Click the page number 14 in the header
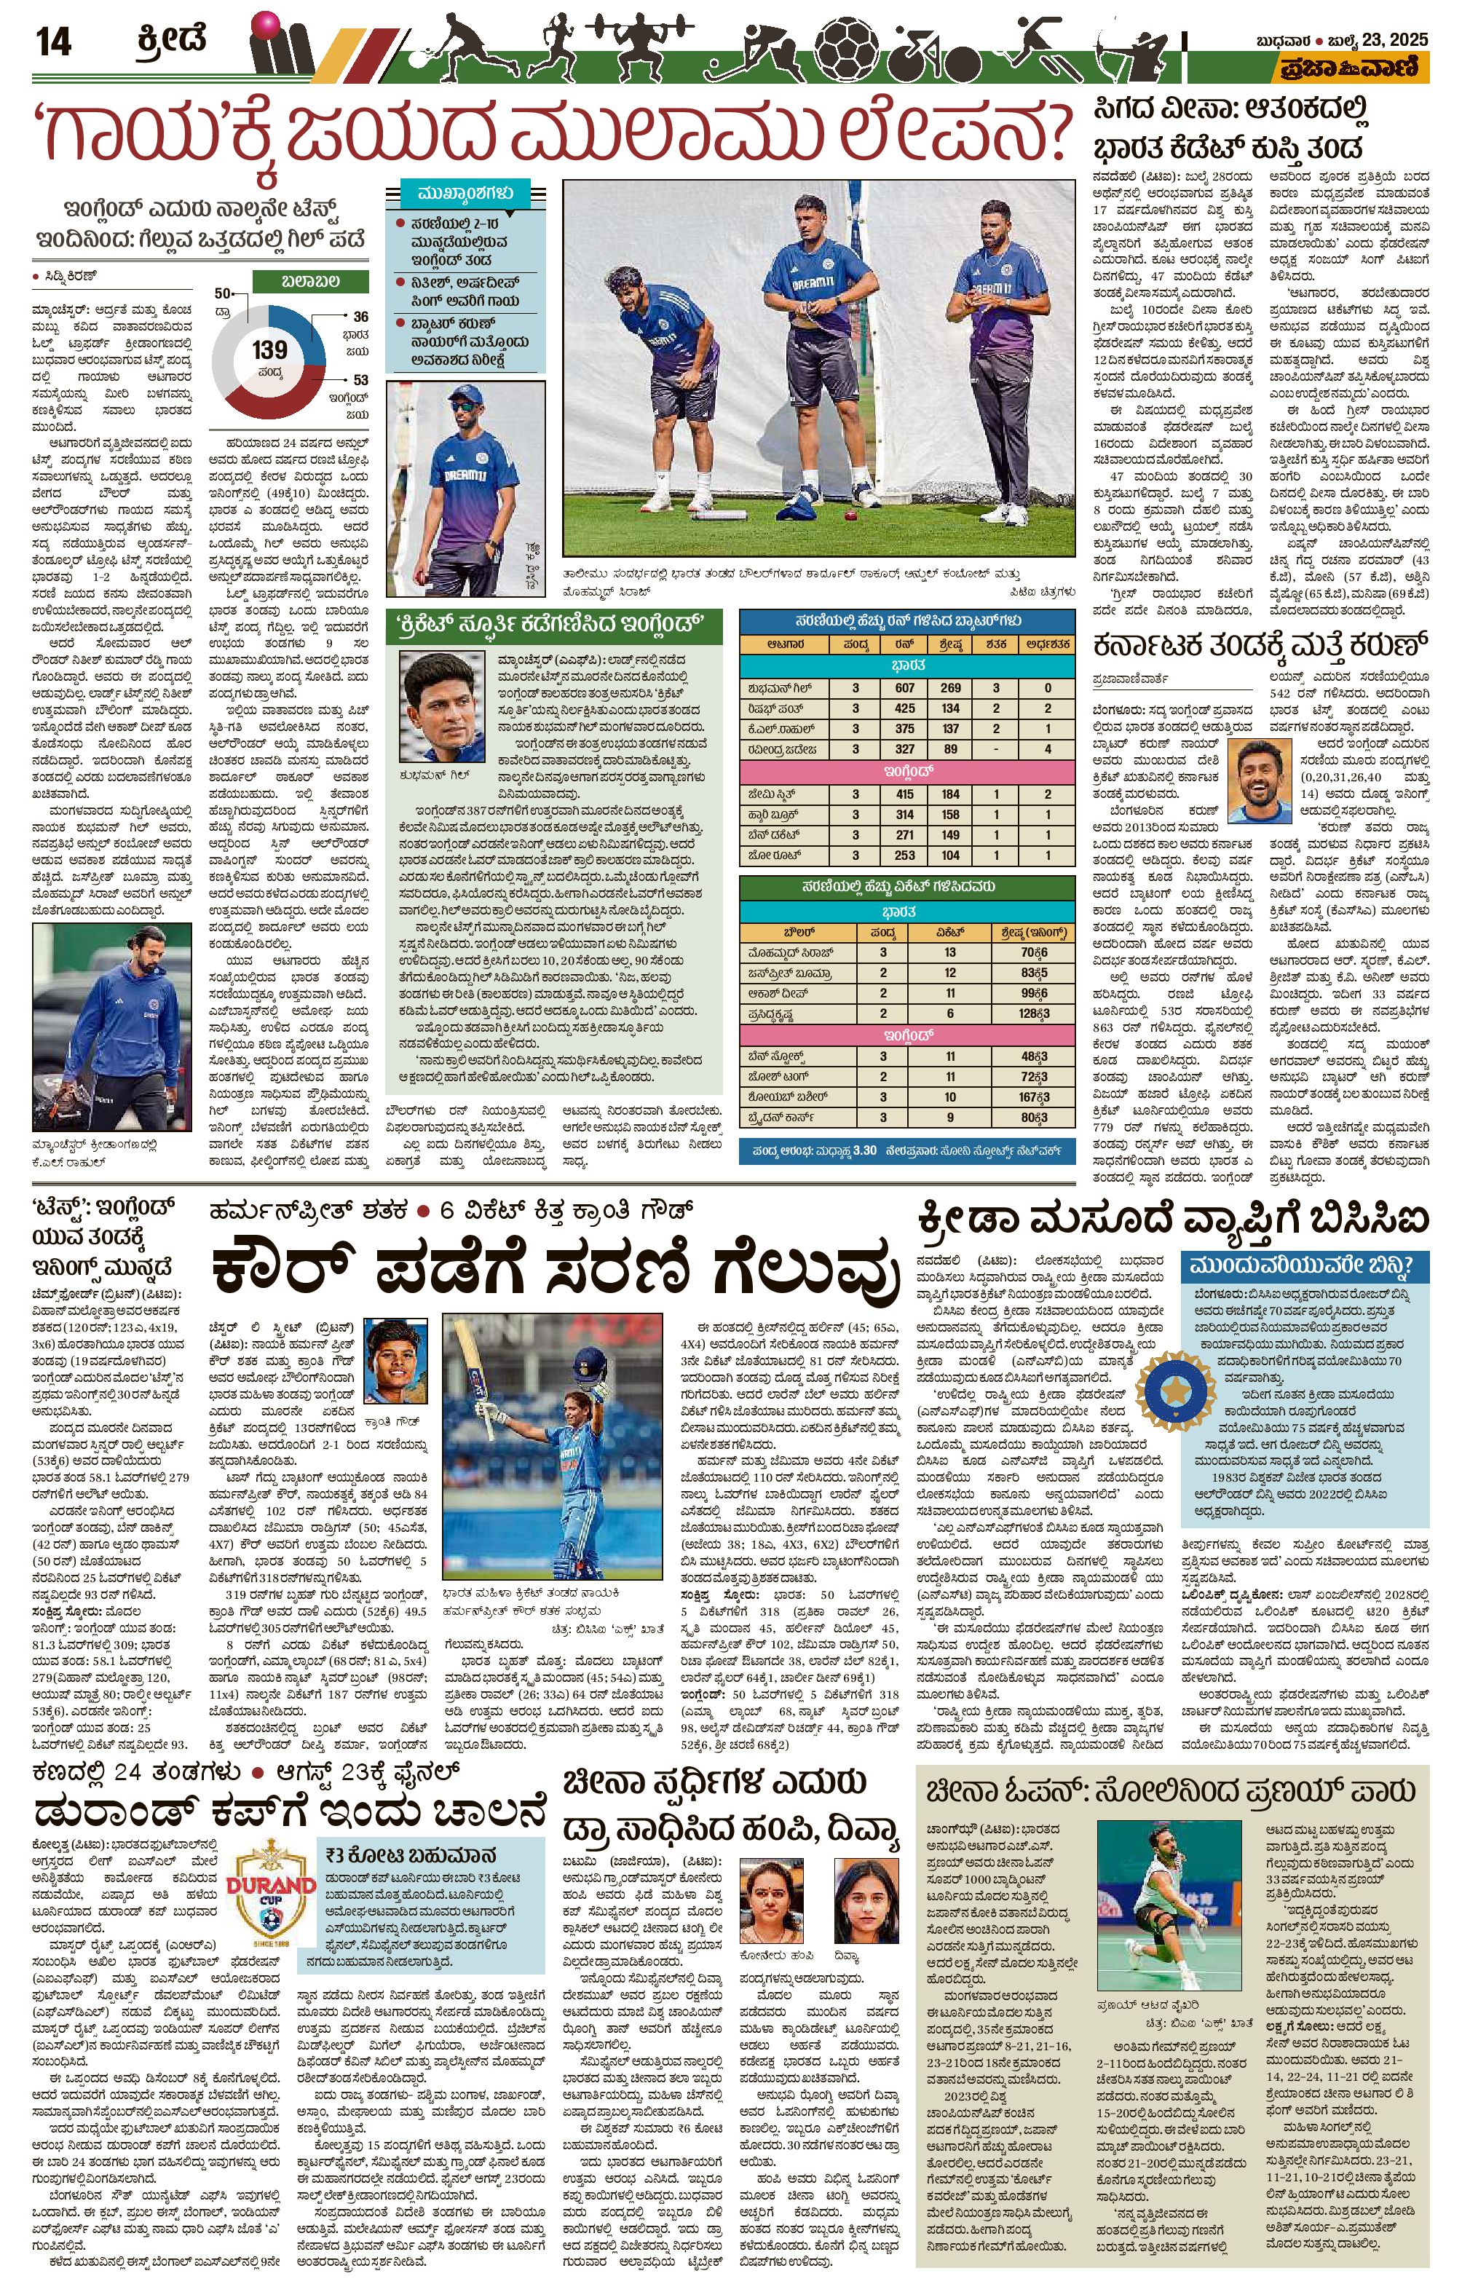point(52,43)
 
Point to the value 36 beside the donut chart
point(360,317)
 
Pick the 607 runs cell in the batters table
point(904,687)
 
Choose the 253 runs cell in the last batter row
point(904,855)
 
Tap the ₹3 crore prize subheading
point(409,1855)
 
